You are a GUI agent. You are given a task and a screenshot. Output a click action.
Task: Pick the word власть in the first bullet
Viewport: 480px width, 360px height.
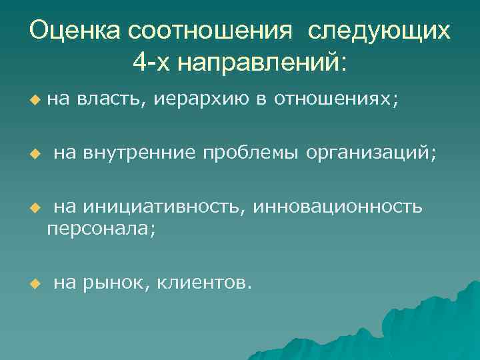pyautogui.click(x=112, y=99)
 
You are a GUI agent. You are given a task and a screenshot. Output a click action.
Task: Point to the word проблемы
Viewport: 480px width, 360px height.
pyautogui.click(x=251, y=154)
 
